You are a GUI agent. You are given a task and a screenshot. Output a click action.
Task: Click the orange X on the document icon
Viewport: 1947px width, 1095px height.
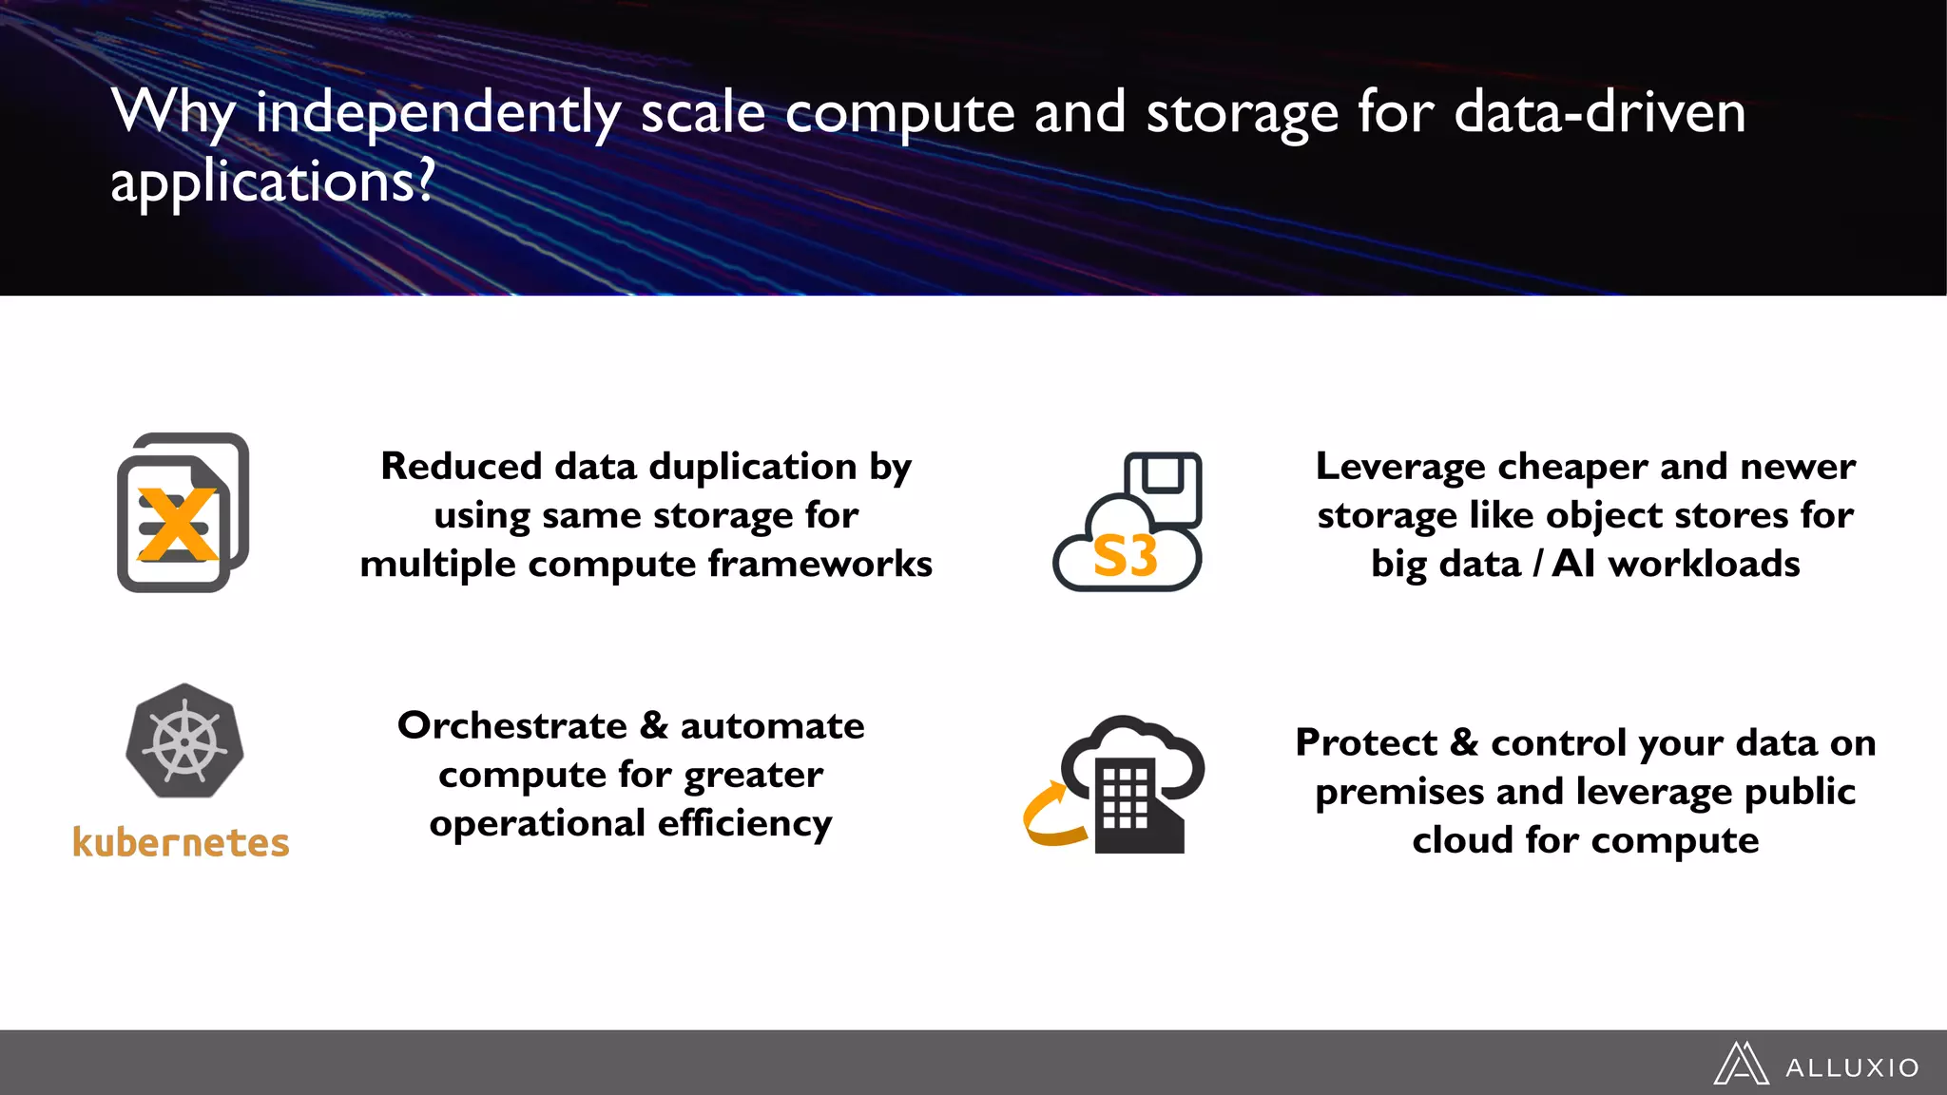[177, 524]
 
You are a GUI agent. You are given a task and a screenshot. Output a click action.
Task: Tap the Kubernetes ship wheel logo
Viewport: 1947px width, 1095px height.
[184, 740]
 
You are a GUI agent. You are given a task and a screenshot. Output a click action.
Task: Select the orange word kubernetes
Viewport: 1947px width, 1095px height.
[181, 843]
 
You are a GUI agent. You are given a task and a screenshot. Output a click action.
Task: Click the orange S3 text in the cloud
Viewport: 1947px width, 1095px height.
[1125, 557]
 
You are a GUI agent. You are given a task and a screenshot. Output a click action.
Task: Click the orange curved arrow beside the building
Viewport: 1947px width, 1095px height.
[1051, 816]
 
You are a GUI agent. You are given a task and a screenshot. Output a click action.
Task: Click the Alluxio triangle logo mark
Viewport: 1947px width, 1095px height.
[1741, 1064]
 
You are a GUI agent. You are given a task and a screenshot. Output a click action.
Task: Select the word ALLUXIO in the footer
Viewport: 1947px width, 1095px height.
[1852, 1068]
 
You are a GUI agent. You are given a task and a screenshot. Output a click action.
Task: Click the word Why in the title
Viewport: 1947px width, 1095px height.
[173, 113]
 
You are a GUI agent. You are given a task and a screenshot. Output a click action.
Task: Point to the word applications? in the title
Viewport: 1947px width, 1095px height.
[273, 181]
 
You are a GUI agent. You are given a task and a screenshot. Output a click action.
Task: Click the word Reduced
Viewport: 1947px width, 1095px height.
[461, 467]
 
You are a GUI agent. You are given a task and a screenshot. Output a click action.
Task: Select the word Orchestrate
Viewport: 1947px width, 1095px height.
[512, 726]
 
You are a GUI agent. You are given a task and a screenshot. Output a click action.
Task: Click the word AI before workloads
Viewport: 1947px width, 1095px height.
[1573, 565]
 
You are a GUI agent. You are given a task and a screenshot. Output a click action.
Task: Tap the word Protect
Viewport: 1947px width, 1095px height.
[1365, 743]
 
